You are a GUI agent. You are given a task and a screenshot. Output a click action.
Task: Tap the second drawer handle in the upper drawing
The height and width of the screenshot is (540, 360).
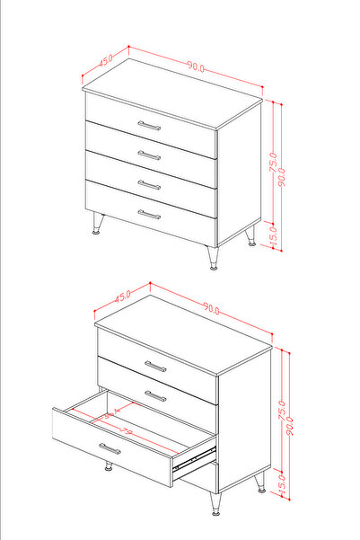(150, 155)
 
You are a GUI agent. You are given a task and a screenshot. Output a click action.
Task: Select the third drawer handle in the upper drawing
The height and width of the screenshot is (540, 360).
(150, 185)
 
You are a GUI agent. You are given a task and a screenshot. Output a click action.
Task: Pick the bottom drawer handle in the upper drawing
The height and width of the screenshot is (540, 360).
(149, 215)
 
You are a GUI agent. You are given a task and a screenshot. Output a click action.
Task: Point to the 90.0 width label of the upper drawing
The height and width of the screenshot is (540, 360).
(197, 67)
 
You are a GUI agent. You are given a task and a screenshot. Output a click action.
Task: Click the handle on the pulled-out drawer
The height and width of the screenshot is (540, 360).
(110, 448)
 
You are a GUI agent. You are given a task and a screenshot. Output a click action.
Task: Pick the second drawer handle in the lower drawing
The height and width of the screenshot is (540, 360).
(155, 395)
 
